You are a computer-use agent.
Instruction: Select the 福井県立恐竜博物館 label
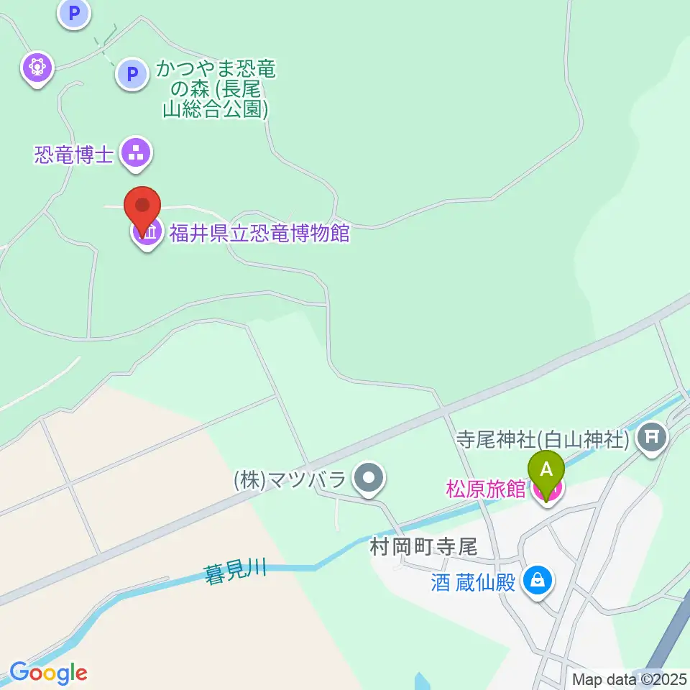coord(259,233)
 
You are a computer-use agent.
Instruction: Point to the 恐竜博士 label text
coord(75,154)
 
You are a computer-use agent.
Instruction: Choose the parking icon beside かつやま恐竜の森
coord(131,73)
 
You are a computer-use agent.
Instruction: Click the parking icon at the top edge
coord(74,13)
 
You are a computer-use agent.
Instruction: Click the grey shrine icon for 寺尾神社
coord(653,436)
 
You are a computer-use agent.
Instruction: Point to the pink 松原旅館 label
coord(486,489)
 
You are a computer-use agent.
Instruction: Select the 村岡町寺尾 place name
coord(423,547)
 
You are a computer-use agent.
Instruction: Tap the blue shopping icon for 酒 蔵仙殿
coord(537,579)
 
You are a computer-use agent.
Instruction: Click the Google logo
coord(49,673)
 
